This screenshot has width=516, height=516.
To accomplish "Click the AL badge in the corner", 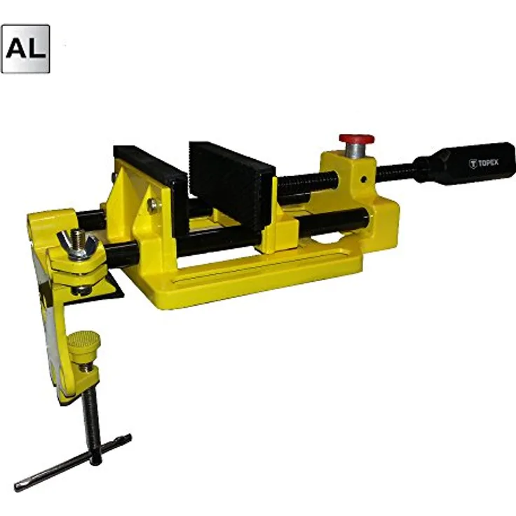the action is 26,48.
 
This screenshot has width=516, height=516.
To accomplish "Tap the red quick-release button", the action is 357,139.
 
